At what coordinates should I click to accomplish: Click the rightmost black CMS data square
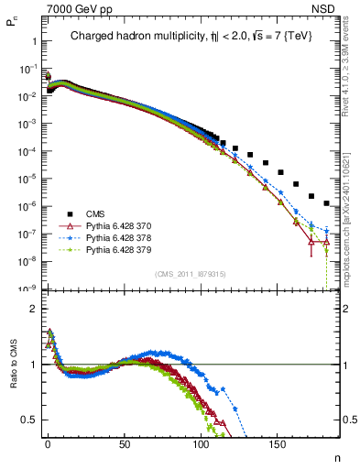(327, 202)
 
